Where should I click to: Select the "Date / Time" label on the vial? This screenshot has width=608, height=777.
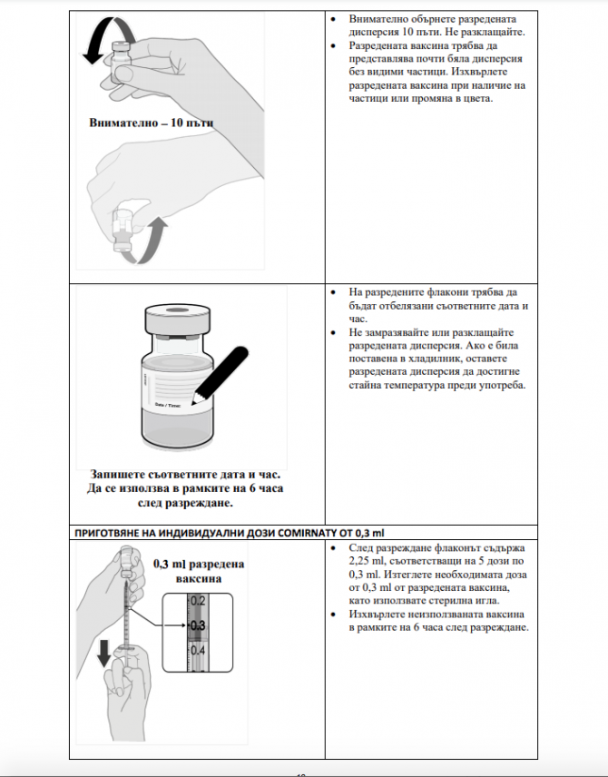[175, 403]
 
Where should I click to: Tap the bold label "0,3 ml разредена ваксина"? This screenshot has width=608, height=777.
[191, 570]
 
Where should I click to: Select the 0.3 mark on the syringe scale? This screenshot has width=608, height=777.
[198, 626]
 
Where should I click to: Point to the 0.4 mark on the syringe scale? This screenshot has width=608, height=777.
[199, 651]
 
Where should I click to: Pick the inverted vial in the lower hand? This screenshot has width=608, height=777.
[122, 231]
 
